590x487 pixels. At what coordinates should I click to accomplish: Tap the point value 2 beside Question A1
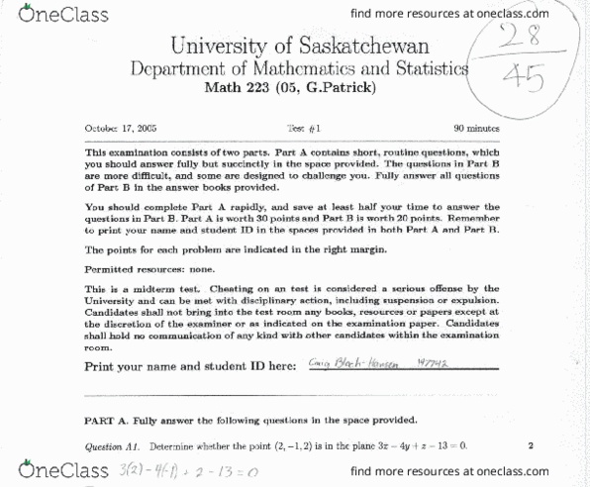point(531,445)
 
